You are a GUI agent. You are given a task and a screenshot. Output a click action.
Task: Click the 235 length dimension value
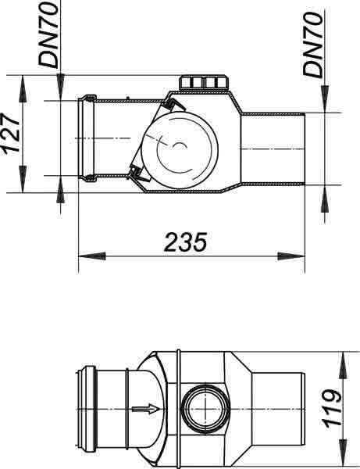point(185,242)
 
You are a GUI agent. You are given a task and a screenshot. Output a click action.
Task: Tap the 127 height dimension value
point(12,134)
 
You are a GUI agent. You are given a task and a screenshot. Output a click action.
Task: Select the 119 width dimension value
point(331,409)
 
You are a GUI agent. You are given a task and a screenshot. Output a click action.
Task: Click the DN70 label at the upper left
point(48,35)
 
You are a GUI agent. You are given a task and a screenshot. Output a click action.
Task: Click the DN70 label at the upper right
point(313,45)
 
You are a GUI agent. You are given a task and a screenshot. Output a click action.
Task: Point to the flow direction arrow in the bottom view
point(146,409)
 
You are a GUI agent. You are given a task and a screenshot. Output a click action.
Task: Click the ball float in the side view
point(180,150)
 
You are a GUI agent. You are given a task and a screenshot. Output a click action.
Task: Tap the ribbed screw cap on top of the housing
point(204,83)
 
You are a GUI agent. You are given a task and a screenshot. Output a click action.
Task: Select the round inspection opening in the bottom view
point(204,409)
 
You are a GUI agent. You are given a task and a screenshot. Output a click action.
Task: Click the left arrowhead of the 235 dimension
point(92,256)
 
